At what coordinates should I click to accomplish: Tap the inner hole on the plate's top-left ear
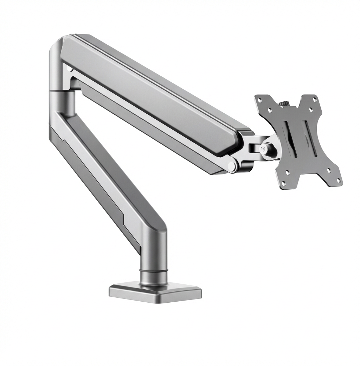270,110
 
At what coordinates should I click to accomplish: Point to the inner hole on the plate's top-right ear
311,110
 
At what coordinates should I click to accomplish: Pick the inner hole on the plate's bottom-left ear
288,173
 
